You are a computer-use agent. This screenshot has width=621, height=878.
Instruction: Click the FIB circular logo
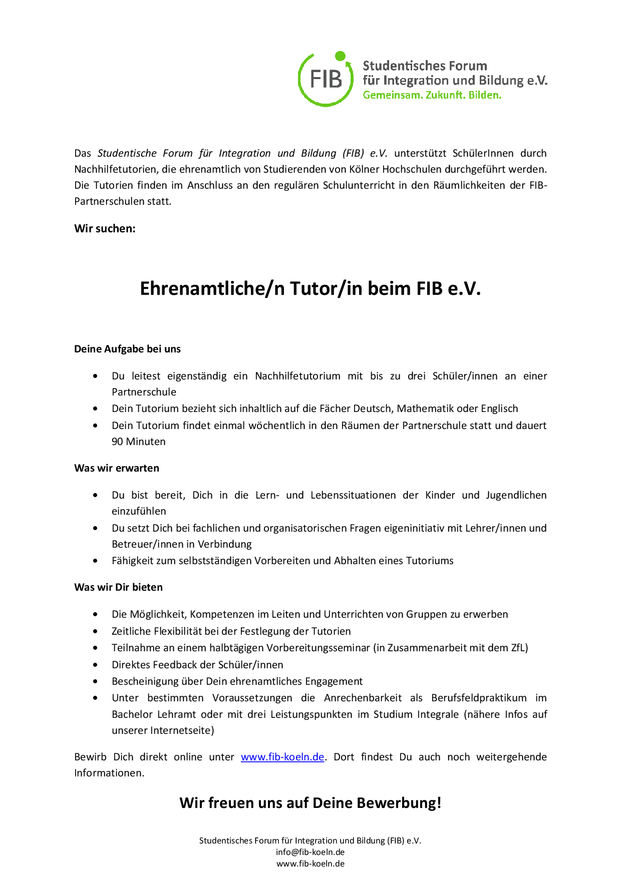point(326,79)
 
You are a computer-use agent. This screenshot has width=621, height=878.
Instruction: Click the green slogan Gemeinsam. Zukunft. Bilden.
point(432,95)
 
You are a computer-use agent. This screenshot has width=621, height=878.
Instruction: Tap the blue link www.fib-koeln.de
point(282,757)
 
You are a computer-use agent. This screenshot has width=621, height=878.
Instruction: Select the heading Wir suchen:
point(105,229)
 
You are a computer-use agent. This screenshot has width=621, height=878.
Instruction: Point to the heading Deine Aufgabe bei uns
point(127,349)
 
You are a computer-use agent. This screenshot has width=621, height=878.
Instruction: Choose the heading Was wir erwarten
point(117,468)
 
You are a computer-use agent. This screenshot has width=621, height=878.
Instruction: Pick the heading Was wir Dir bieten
point(118,587)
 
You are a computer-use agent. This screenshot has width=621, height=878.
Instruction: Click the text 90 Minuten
point(138,442)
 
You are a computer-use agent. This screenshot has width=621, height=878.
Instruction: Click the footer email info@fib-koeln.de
point(310,852)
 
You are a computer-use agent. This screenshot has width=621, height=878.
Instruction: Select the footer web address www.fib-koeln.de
point(310,863)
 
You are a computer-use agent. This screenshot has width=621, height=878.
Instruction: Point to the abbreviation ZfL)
point(519,648)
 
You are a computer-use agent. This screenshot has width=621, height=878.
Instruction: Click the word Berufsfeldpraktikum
point(479,698)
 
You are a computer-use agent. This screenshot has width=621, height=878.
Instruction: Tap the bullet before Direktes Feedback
point(95,665)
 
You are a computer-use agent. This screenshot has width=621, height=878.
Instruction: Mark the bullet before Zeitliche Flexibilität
point(95,631)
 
